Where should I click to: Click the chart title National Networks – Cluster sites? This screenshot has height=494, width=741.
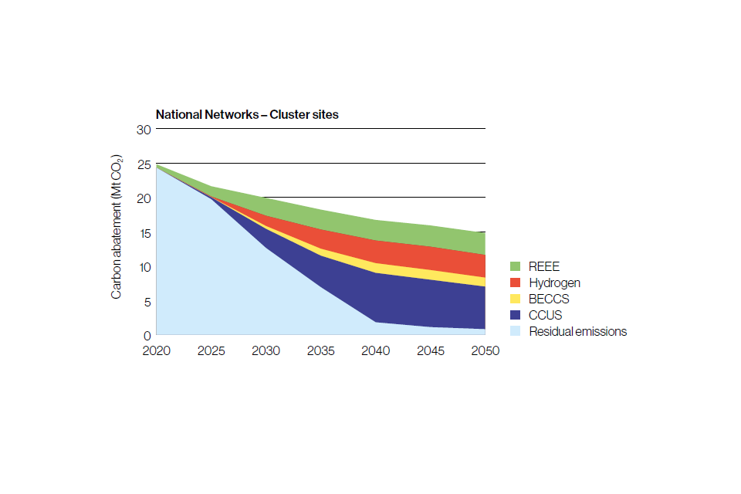(247, 114)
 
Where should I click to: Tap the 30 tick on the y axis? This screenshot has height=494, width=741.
(142, 129)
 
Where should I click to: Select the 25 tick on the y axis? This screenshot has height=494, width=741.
(142, 164)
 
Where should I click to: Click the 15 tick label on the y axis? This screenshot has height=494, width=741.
(142, 233)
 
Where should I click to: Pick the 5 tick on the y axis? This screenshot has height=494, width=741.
(146, 302)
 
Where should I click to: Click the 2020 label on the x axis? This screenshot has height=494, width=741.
(157, 350)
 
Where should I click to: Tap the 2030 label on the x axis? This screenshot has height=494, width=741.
(266, 350)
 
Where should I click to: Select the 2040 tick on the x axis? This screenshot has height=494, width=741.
(376, 350)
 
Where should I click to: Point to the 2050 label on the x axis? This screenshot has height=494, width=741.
(485, 350)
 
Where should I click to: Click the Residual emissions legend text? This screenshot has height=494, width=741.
(577, 331)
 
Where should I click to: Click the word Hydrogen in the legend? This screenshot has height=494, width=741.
(554, 283)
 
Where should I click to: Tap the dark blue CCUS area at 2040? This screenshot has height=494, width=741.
(376, 297)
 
